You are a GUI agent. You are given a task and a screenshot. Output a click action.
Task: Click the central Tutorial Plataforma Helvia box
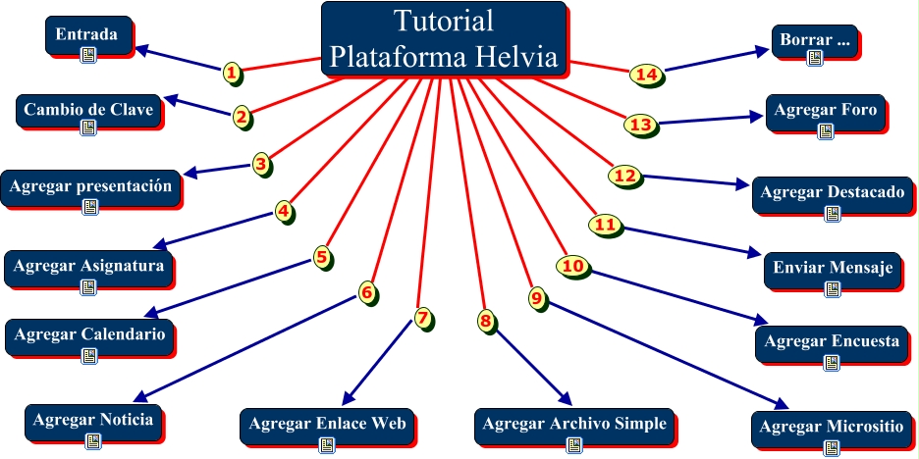pos(444,38)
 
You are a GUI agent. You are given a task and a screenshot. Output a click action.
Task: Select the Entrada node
pos(87,36)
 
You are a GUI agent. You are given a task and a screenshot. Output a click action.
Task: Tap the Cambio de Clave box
pos(88,111)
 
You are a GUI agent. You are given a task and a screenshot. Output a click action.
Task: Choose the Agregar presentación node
pos(91,187)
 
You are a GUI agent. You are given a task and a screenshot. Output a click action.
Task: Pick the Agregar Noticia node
pos(93,421)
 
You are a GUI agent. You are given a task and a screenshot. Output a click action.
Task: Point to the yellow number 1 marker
pos(232,72)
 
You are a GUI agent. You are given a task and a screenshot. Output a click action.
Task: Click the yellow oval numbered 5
pos(321,257)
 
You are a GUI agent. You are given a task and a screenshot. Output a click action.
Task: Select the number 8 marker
pos(485,320)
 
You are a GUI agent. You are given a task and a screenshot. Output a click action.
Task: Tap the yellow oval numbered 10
pos(573,266)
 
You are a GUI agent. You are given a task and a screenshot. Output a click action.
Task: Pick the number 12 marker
pos(624,176)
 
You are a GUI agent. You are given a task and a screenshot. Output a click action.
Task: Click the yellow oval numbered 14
pos(645,75)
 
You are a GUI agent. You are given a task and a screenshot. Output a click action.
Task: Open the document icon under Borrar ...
pos(815,58)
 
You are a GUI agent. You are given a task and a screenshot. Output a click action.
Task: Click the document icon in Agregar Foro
pos(825,130)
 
